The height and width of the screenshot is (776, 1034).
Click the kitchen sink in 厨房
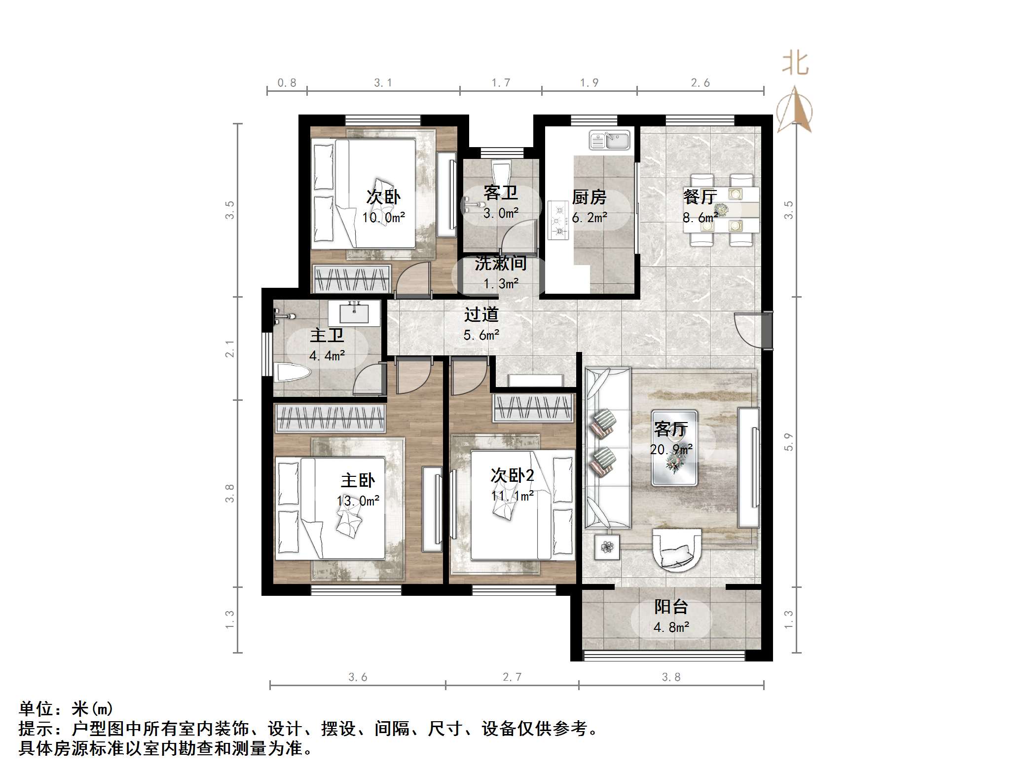coord(610,140)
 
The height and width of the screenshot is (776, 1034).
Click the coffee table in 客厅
coord(674,448)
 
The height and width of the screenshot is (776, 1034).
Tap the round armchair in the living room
coord(677,549)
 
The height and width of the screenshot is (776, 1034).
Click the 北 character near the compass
coord(795,64)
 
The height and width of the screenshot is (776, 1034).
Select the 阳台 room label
coord(671,607)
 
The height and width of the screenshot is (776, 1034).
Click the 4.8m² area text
coord(671,627)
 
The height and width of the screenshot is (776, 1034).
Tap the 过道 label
coord(481,314)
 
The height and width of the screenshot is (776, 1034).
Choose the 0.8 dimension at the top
coord(287,83)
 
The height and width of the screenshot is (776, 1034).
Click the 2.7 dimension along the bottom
coord(512,677)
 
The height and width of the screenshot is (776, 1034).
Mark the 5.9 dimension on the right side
coord(788,442)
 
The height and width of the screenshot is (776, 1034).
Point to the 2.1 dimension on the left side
coord(230,349)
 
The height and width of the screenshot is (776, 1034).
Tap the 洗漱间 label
coord(500,264)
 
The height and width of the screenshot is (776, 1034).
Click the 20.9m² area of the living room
coord(671,449)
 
